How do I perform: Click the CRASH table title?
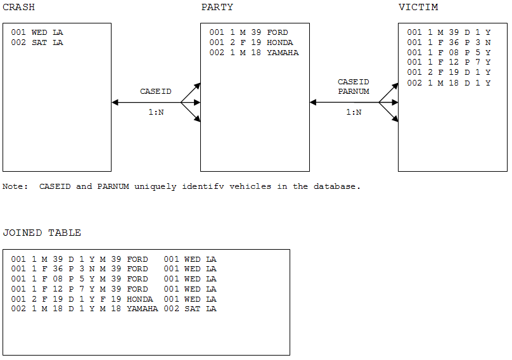[x=18, y=7]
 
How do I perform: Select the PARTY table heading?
[x=217, y=7]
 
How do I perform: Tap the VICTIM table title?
[x=418, y=7]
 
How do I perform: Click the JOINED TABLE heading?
[x=42, y=233]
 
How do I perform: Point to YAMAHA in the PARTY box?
[x=283, y=53]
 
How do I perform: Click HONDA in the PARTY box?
[x=280, y=42]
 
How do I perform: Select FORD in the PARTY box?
[x=278, y=32]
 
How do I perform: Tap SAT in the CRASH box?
[x=39, y=42]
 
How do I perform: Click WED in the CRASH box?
[x=39, y=32]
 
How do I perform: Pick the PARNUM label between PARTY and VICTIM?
[x=354, y=91]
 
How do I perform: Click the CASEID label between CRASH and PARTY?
[x=156, y=91]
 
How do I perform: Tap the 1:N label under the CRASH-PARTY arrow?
[x=156, y=112]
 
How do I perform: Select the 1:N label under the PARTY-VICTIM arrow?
[x=354, y=112]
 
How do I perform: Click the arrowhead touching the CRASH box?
[x=115, y=103]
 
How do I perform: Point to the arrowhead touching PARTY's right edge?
[x=313, y=103]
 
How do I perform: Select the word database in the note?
[x=337, y=186]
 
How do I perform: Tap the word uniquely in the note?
[x=155, y=187]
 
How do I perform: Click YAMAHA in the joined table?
[x=143, y=309]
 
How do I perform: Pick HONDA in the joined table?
[x=140, y=299]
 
